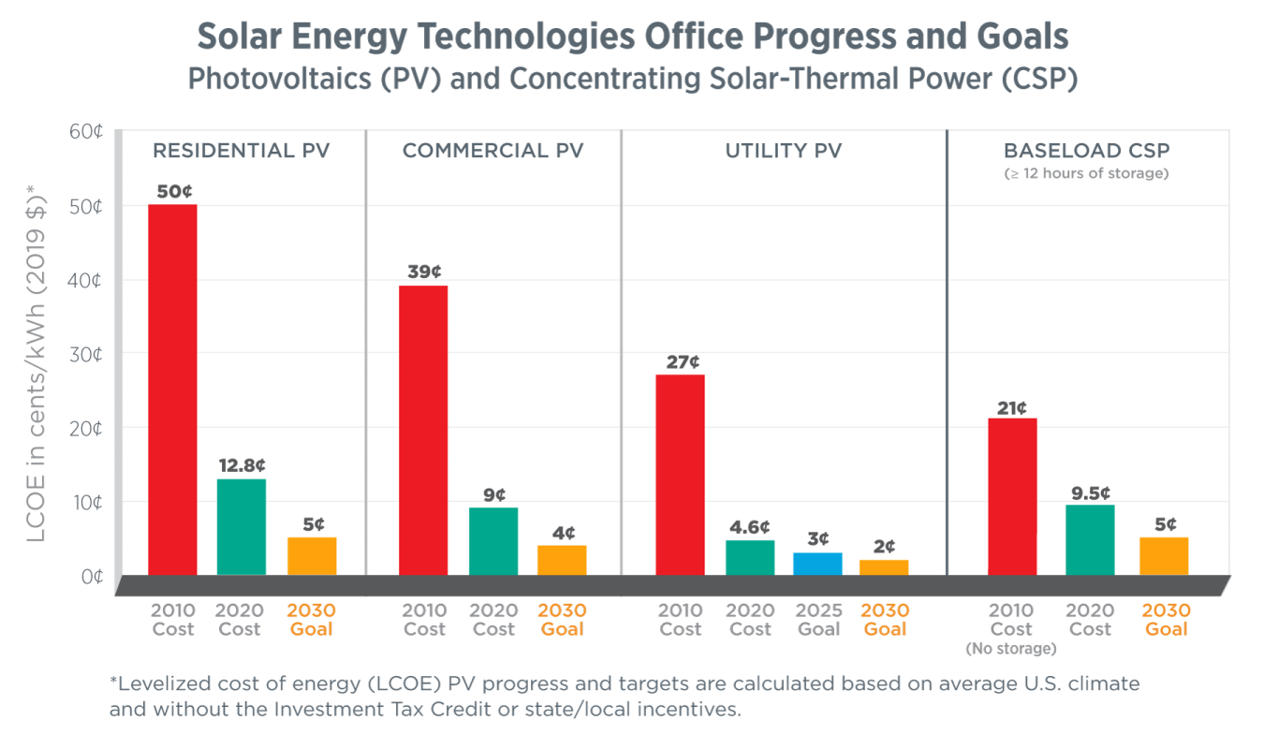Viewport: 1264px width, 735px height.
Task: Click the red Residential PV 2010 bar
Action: click(x=172, y=389)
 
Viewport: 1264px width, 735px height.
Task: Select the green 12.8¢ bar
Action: click(x=242, y=527)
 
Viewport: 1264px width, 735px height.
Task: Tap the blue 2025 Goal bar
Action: click(x=817, y=564)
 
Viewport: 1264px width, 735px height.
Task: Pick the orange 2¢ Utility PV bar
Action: click(x=884, y=567)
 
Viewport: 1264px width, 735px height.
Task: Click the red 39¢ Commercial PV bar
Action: click(x=423, y=430)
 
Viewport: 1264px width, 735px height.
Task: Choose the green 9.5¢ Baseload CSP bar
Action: click(x=1090, y=540)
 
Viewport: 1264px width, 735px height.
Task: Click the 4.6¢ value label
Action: click(x=749, y=526)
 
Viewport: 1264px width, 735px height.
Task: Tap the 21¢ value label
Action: click(x=1011, y=407)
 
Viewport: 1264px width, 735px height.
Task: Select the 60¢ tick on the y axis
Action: click(x=86, y=131)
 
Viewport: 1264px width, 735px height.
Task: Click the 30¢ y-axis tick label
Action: click(x=86, y=354)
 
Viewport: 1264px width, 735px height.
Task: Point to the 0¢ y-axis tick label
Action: click(x=90, y=576)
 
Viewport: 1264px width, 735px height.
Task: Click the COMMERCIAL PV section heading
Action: click(x=492, y=151)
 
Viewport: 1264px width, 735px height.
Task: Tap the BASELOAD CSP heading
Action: click(x=1086, y=151)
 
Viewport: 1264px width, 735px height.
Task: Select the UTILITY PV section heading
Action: click(x=784, y=151)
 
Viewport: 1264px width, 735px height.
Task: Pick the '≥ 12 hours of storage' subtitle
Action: click(x=1086, y=173)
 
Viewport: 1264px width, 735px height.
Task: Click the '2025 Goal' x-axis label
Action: click(x=818, y=620)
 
